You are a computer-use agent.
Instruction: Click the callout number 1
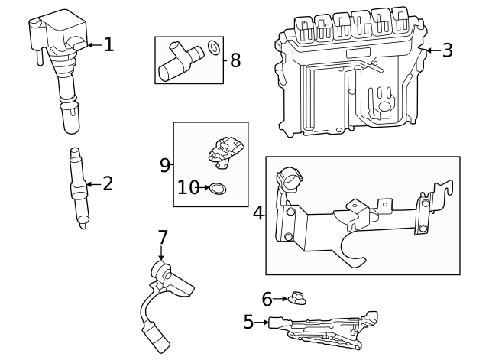coord(108,45)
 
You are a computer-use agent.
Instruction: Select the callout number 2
coord(107,183)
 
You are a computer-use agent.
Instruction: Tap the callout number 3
coord(447,50)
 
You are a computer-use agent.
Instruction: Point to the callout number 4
coord(258,213)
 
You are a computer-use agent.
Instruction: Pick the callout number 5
coord(248,323)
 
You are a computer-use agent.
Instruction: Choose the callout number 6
coord(267,299)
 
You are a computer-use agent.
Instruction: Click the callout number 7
coord(162,238)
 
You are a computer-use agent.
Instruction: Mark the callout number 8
coord(235,60)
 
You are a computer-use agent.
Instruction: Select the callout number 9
coord(165,165)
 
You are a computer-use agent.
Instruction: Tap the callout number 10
coord(188,187)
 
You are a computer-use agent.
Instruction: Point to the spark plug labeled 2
coord(79,187)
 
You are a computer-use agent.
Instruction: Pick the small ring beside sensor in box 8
coord(215,49)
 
